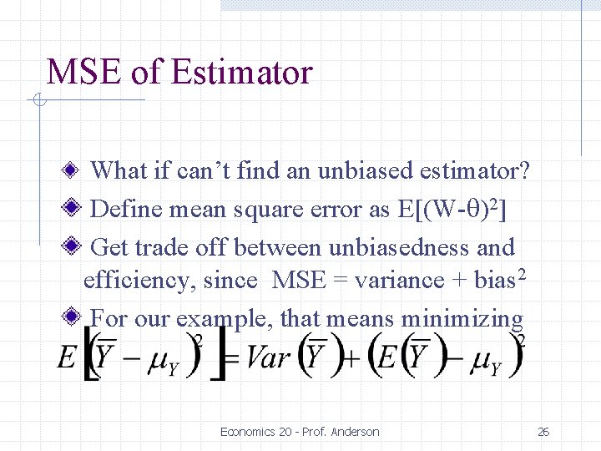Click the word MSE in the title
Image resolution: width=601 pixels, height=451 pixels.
point(83,73)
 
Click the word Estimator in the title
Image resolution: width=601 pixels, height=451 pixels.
point(240,73)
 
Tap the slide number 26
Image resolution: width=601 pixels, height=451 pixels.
point(543,432)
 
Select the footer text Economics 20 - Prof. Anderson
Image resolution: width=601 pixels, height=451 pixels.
point(300,432)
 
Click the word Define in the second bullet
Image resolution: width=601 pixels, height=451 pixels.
point(125,210)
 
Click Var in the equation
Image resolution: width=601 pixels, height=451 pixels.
point(269,358)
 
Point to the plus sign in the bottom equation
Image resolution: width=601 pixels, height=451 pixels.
point(351,360)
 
